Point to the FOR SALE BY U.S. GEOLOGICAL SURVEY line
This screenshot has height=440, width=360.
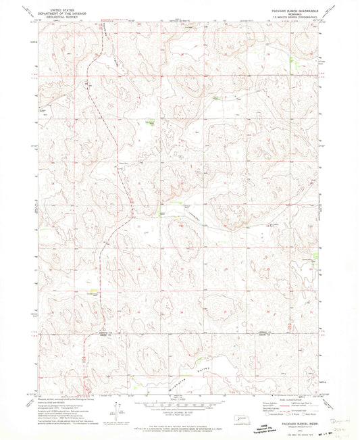pos(180,420)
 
